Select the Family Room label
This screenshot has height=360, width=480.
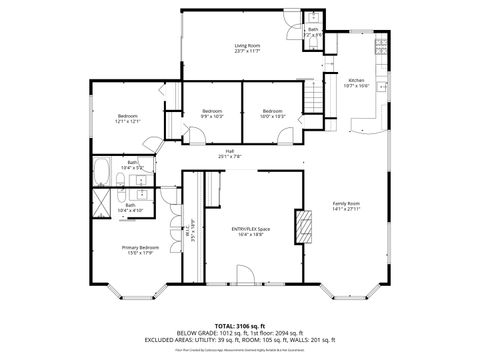pos(346,206)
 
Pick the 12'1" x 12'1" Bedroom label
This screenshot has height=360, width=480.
pos(128,119)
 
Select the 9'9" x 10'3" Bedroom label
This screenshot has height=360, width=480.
pos(211,113)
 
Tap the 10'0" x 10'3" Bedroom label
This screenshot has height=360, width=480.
pos(274,113)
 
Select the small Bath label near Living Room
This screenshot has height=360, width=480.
pos(313,32)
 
